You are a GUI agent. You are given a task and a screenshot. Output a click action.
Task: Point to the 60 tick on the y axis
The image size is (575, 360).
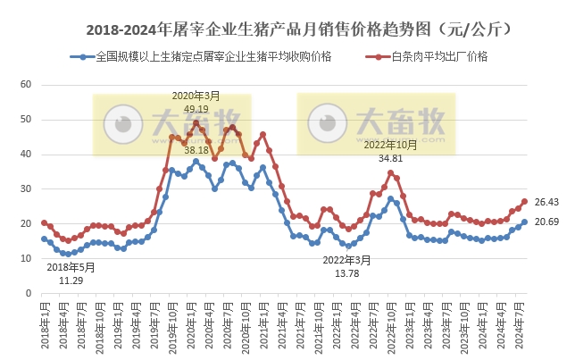[26, 85]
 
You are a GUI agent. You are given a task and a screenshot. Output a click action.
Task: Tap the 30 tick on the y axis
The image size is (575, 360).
[26, 188]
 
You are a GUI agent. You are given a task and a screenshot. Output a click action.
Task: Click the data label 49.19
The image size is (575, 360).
[196, 108]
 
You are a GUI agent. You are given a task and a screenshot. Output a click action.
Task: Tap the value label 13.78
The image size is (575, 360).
[348, 272]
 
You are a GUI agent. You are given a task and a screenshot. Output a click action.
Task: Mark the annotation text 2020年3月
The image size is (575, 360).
[196, 96]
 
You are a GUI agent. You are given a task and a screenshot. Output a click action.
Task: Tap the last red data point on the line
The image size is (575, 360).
[525, 202]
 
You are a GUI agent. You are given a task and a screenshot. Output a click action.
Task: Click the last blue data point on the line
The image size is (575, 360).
[525, 222]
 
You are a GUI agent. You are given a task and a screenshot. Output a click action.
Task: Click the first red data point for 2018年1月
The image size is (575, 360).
[44, 223]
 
